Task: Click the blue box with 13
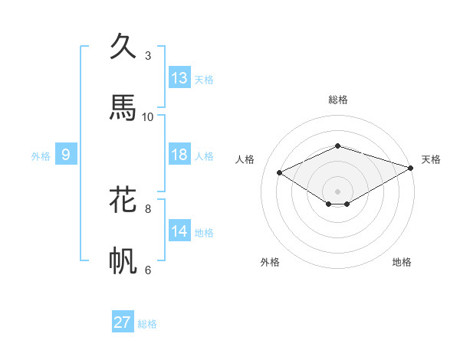(179, 78)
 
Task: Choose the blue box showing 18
(179, 155)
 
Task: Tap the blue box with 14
(179, 231)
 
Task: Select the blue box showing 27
(123, 322)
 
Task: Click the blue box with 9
(66, 155)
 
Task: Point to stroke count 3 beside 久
(148, 56)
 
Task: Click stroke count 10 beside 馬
(148, 116)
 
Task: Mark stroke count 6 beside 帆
(148, 270)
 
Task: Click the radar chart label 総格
(338, 100)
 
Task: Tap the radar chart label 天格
(431, 159)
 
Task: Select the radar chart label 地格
(402, 262)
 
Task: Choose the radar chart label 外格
(270, 262)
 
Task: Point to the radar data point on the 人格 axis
(280, 172)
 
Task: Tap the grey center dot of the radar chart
(338, 191)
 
